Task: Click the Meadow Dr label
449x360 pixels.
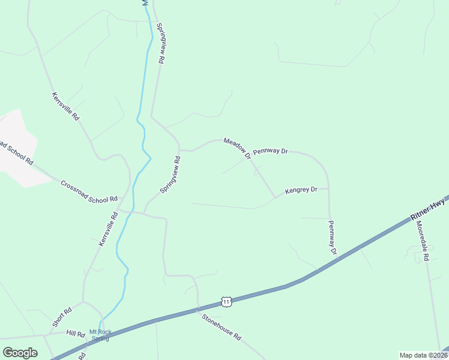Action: [x=237, y=148]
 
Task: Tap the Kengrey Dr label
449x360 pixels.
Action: [x=301, y=190]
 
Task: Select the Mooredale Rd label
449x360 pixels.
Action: [x=423, y=240]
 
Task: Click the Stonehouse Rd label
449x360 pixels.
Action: [x=221, y=328]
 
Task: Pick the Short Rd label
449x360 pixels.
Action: [x=62, y=317]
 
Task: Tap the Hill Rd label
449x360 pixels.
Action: [x=76, y=333]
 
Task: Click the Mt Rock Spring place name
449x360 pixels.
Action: [x=99, y=335]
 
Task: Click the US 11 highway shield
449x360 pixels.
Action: [x=226, y=301]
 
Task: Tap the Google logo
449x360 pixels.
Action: [x=20, y=353]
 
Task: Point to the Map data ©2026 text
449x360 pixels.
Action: [x=423, y=355]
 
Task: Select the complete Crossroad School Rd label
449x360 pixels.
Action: [x=89, y=191]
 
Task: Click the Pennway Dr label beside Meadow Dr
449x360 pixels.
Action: [x=271, y=151]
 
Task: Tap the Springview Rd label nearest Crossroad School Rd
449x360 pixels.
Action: [x=170, y=175]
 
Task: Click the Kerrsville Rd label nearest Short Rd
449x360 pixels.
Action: [x=107, y=229]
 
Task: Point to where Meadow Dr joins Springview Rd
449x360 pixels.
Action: [x=180, y=150]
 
